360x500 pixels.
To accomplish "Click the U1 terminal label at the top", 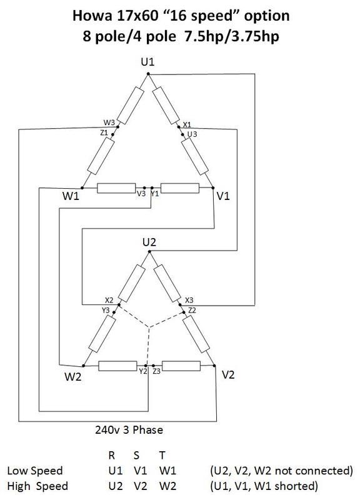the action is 147,62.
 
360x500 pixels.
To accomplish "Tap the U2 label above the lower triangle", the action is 149,242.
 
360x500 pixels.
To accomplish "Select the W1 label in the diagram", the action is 71,196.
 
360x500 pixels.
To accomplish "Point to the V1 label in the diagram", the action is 223,196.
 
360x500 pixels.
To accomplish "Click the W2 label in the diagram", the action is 73,377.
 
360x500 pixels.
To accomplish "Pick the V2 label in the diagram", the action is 228,374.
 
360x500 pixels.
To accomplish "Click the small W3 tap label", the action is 109,122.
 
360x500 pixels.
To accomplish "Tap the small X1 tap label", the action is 187,124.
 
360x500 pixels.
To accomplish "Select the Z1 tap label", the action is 104,132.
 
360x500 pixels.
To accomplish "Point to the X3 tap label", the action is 189,300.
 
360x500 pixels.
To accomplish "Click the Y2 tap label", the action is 143,371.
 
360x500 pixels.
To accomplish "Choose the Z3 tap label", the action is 157,371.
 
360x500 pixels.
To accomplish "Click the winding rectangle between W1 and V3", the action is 116,188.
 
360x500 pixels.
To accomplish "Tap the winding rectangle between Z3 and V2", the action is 181,366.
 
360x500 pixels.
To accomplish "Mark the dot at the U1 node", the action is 148,74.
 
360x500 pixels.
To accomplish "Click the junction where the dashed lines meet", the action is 149,327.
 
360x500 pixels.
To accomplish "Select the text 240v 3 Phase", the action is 129,430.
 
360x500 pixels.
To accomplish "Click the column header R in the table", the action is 112,456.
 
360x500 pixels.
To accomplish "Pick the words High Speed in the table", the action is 37,486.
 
